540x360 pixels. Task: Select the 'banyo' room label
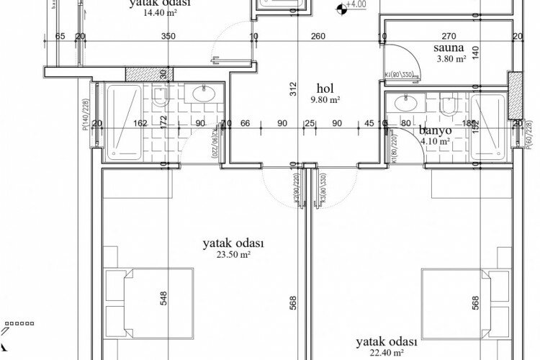[435, 130]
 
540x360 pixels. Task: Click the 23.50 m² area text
[233, 254]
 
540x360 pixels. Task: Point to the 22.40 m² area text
[387, 353]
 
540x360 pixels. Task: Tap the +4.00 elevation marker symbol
[341, 9]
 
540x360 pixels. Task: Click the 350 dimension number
[167, 36]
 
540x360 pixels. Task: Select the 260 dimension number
[318, 36]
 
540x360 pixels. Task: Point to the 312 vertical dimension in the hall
[293, 89]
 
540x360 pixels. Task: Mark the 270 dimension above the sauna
[449, 36]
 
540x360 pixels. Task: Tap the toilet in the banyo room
[448, 106]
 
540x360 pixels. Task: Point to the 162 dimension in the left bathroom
[140, 123]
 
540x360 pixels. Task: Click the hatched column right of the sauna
[516, 95]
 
